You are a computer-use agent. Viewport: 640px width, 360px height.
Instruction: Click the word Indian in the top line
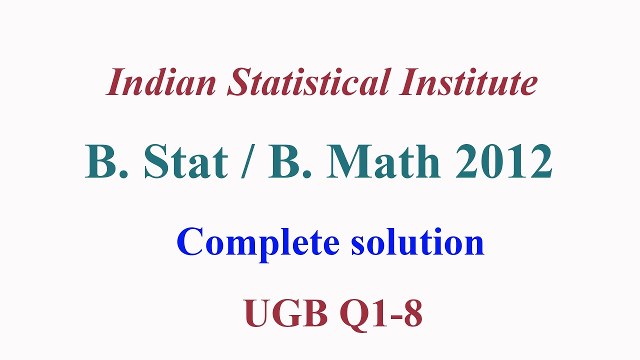click(161, 82)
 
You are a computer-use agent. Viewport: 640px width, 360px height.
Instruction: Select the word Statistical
click(307, 82)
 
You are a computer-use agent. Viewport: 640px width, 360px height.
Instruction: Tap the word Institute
click(468, 82)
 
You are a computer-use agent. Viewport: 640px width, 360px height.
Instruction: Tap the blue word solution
click(417, 242)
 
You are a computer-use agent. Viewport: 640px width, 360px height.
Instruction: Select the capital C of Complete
click(189, 242)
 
